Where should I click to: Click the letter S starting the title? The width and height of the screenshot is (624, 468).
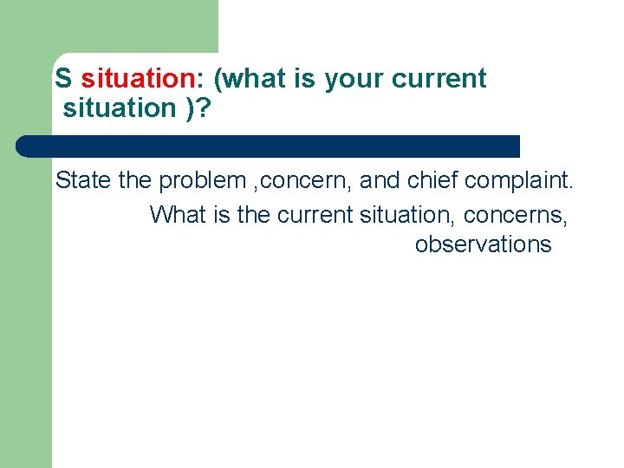tap(62, 79)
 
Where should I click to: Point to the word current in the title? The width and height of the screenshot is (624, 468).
tap(439, 79)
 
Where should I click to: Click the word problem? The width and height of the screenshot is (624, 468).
tap(201, 180)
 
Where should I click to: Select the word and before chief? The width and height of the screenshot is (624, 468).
tap(379, 180)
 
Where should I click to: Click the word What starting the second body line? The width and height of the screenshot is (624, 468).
tap(178, 214)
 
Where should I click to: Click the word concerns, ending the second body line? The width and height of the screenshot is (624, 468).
tap(517, 214)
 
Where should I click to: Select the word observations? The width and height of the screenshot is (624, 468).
tap(483, 244)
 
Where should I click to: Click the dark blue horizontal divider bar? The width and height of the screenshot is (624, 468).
tap(269, 146)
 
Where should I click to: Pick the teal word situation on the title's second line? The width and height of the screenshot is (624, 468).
tap(119, 108)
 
